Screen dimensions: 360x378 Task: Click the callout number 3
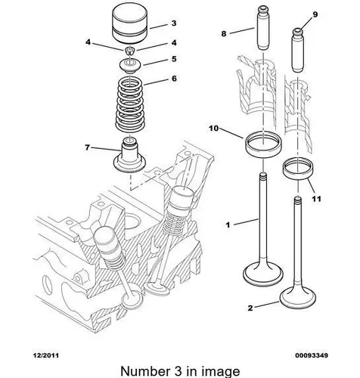click(174, 23)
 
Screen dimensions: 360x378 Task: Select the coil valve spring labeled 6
click(129, 104)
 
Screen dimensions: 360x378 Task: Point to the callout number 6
click(174, 79)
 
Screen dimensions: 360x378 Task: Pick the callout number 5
click(174, 59)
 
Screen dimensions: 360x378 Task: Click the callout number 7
click(87, 147)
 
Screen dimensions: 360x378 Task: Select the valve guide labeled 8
click(263, 28)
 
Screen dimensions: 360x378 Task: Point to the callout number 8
click(224, 33)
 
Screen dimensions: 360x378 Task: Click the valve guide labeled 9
click(298, 51)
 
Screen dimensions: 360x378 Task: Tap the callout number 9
click(315, 14)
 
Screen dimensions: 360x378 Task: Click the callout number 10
click(213, 129)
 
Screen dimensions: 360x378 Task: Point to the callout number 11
click(316, 199)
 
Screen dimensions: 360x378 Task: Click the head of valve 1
click(263, 274)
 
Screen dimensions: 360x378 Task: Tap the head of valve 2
click(298, 299)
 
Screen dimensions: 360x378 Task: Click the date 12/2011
click(46, 355)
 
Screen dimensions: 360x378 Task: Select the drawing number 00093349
click(312, 355)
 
